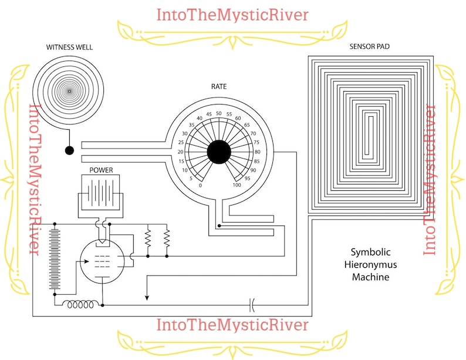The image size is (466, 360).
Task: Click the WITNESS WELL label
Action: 69,47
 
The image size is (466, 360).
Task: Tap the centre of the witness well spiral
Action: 69,91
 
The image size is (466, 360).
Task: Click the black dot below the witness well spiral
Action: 69,150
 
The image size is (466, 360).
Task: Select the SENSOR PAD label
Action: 369,46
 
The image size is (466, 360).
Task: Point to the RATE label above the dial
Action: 219,86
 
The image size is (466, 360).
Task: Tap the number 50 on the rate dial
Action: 219,113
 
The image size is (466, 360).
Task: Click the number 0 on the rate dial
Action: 201,185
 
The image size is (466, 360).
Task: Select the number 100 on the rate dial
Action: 237,185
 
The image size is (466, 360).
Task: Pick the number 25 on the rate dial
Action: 182,143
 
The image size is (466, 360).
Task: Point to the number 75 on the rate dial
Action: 256,143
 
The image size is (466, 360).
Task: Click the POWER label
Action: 101,170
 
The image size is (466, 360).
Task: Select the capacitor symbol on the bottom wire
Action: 252,305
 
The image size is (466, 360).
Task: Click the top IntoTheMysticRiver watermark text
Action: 232,14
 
